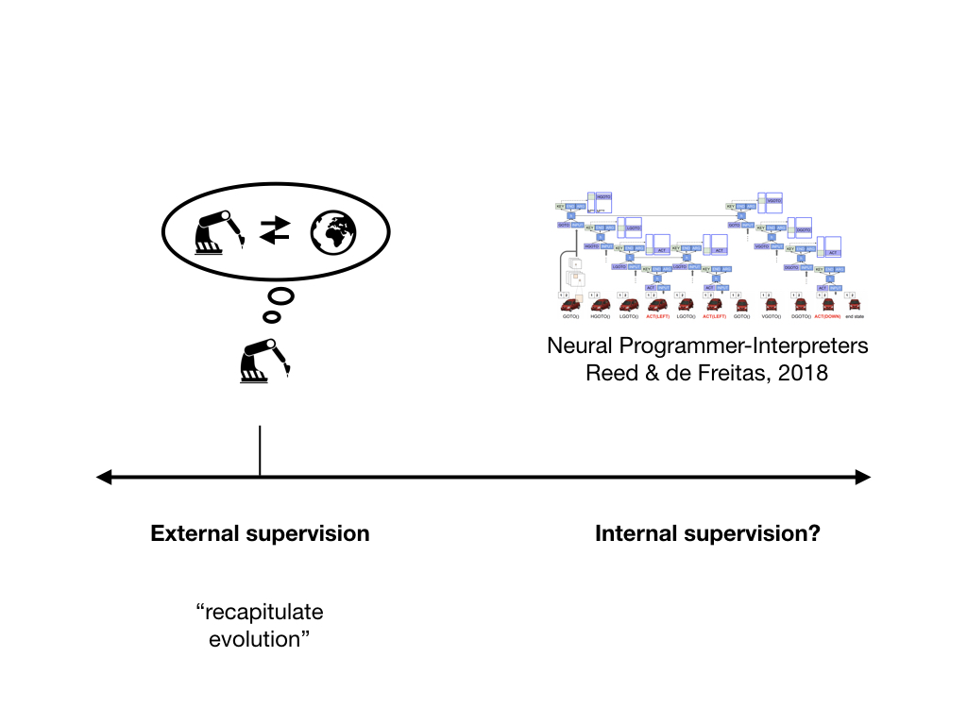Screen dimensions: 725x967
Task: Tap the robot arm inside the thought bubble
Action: (x=220, y=232)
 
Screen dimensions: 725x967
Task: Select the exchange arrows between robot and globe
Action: (x=275, y=229)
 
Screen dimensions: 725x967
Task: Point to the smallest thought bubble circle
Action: (x=270, y=316)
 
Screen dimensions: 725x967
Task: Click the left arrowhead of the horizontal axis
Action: (x=104, y=477)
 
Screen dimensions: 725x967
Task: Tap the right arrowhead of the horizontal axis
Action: (x=863, y=477)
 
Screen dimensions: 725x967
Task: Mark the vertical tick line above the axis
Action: (x=260, y=450)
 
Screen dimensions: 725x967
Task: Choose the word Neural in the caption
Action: (x=579, y=346)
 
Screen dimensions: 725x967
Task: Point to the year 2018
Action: (x=805, y=373)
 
